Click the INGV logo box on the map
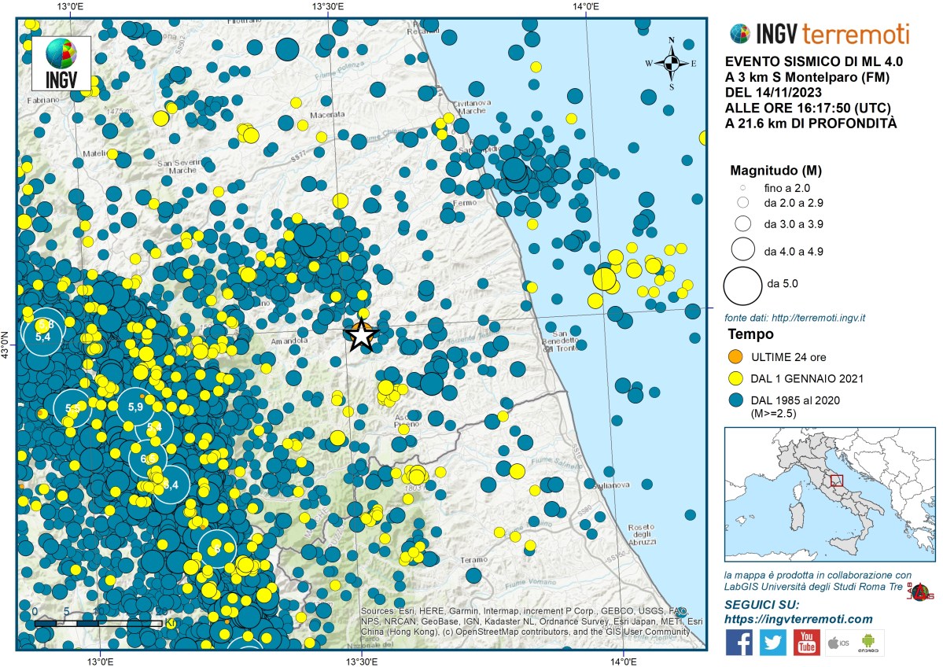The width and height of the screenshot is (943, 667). tap(61, 64)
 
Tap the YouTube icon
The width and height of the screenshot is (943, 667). tap(806, 643)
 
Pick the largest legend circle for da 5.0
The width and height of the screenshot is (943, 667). tap(742, 285)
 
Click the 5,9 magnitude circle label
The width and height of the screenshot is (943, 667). tap(134, 407)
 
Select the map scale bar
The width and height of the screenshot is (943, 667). tap(98, 622)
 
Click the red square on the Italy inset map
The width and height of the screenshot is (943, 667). tap(837, 480)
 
